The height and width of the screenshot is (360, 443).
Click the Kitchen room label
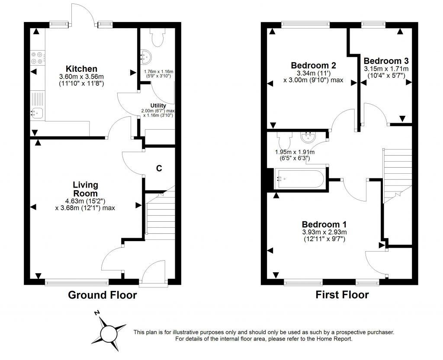81,69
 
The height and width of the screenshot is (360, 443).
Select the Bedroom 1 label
324,224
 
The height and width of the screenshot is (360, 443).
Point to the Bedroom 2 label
313,65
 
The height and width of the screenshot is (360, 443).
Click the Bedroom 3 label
386,61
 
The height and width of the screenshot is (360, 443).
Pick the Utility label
158,105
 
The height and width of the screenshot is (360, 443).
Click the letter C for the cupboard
159,169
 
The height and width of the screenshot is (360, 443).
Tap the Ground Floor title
103,295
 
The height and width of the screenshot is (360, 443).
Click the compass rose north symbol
98,313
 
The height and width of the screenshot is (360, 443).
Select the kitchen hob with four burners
37,58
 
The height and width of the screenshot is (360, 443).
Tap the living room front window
77,283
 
